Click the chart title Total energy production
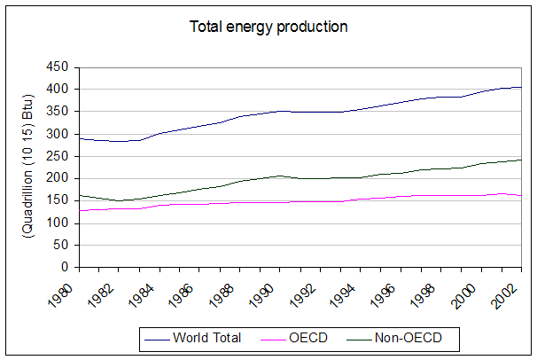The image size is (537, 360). (x=268, y=27)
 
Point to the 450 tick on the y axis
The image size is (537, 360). (x=58, y=67)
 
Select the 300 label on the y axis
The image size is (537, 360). (x=58, y=133)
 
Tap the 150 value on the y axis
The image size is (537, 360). (x=58, y=200)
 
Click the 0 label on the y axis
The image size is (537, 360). (x=65, y=267)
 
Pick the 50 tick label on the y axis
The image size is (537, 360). (x=61, y=245)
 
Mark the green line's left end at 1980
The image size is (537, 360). (x=79, y=195)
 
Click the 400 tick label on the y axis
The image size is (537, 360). (x=58, y=89)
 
